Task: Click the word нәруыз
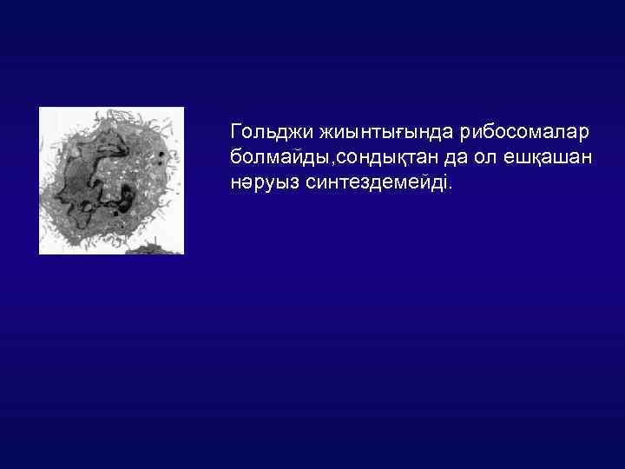coord(261,184)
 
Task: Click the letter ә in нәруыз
coord(250,185)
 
